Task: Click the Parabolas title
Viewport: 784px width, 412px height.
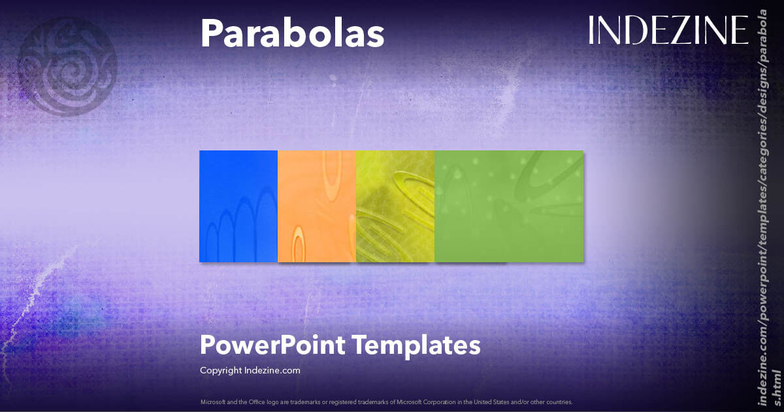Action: point(291,33)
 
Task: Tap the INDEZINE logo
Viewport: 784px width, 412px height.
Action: point(668,30)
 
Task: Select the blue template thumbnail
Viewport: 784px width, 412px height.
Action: point(238,206)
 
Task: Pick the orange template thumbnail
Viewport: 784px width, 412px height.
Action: point(317,206)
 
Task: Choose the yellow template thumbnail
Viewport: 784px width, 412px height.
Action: point(395,206)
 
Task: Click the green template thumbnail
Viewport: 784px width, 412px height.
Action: point(509,206)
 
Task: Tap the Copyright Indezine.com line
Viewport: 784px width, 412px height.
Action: point(250,370)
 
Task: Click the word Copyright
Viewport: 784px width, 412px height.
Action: point(221,370)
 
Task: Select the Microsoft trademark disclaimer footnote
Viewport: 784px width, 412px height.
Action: point(386,402)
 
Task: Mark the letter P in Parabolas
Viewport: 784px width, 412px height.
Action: point(210,33)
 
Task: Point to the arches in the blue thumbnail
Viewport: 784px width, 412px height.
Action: point(239,222)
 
